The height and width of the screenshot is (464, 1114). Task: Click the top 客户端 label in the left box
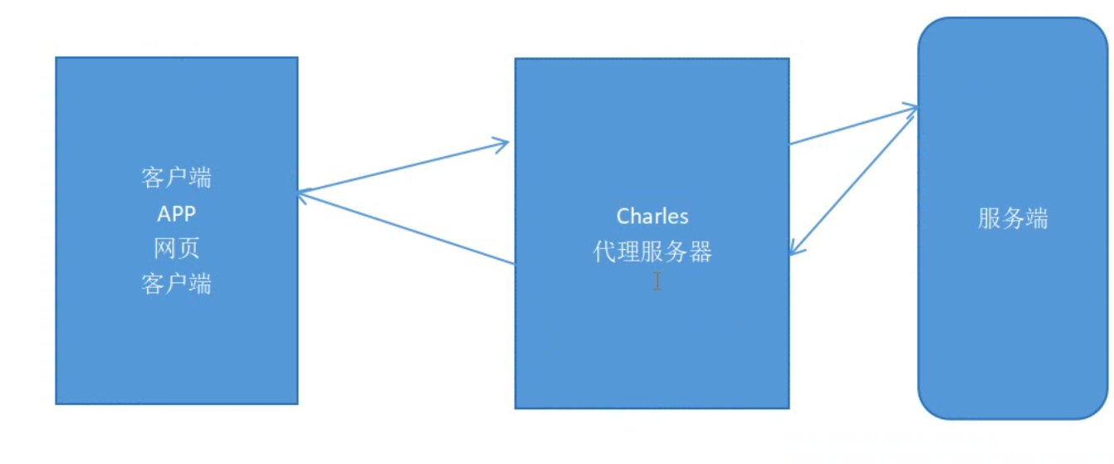[x=176, y=178]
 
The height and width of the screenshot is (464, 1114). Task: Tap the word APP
[x=176, y=214]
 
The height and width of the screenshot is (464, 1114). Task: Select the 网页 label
[x=176, y=249]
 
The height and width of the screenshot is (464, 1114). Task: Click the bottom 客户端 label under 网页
[x=176, y=284]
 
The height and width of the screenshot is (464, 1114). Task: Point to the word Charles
[x=652, y=217]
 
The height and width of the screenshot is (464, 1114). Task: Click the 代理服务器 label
[x=652, y=252]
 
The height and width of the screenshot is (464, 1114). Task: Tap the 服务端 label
[x=1013, y=219]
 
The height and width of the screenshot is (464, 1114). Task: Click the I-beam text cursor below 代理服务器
[x=657, y=281]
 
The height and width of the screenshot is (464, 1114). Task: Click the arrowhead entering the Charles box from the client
[x=502, y=144]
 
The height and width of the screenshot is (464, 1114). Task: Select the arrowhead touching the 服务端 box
[x=911, y=108]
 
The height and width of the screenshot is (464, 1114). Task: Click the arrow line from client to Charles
[x=403, y=169]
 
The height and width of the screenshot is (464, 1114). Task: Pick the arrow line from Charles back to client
[x=407, y=228]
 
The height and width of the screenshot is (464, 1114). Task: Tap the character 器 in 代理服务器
[x=701, y=252]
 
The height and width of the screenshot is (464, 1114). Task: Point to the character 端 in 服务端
[x=1037, y=219]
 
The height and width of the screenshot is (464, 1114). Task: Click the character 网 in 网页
[x=165, y=249]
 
